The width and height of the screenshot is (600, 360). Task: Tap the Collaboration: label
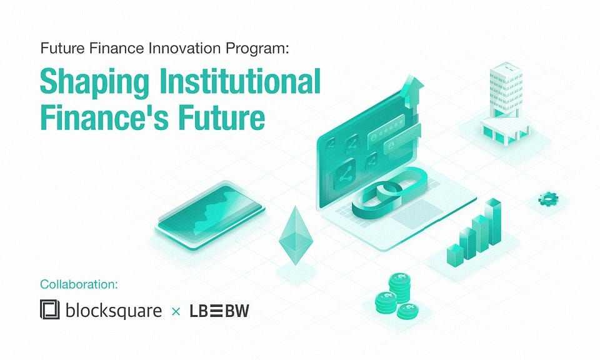click(x=79, y=284)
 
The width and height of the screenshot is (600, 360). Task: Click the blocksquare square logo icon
click(x=50, y=309)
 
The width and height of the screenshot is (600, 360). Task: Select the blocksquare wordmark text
click(x=114, y=310)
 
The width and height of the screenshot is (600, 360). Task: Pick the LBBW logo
click(x=219, y=311)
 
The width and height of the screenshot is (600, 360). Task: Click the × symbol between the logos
click(x=176, y=311)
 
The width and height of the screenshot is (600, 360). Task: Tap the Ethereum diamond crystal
click(x=296, y=236)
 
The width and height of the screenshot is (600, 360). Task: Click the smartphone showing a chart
click(x=210, y=216)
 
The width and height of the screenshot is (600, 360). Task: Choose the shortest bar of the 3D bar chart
click(x=456, y=256)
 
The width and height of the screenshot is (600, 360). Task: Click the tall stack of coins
click(x=400, y=288)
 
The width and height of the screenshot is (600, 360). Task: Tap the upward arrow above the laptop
click(x=412, y=92)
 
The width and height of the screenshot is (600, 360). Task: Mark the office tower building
click(x=506, y=90)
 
